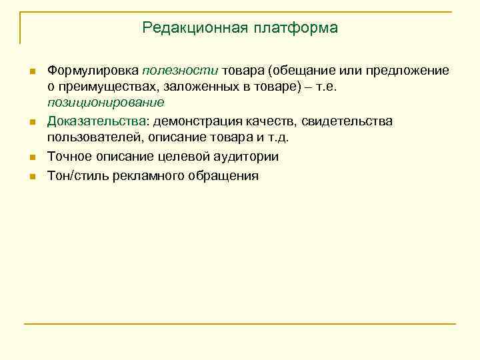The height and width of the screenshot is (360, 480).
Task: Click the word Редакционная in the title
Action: pos(194,28)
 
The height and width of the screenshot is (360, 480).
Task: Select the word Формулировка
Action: pos(92,71)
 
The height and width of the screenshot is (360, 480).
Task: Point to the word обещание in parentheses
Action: pos(309,71)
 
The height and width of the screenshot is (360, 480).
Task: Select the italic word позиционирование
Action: pos(105,103)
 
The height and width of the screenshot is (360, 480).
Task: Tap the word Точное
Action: pos(68,157)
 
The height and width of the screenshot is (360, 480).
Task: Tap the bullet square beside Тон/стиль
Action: pos(31,177)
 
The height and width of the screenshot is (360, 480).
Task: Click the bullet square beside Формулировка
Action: pos(31,71)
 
